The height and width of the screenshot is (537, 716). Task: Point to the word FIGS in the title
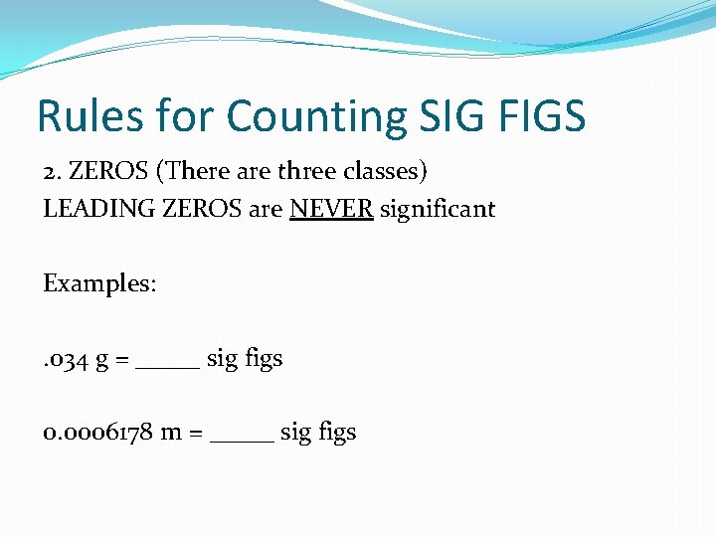click(544, 116)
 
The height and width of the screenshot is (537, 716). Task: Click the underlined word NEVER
click(331, 210)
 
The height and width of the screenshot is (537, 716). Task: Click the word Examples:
click(99, 283)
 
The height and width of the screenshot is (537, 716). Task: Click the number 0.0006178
click(97, 433)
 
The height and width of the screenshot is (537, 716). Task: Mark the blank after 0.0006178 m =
click(242, 439)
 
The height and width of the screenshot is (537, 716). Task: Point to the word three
click(308, 171)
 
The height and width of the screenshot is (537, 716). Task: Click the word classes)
click(386, 171)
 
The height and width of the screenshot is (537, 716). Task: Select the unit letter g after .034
click(102, 361)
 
